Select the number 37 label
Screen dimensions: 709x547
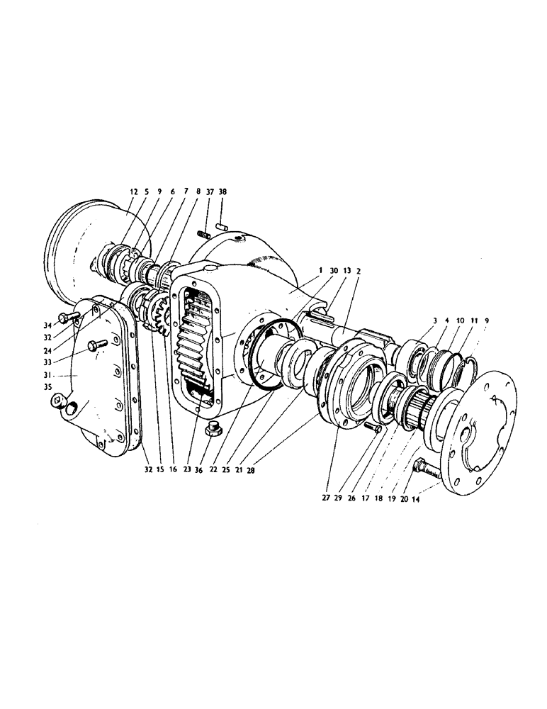click(x=210, y=191)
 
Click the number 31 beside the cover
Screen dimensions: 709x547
click(x=49, y=376)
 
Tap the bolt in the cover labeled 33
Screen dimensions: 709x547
click(x=96, y=345)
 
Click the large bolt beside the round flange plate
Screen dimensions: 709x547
click(x=424, y=469)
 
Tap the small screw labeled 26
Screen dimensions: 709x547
click(x=373, y=428)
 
